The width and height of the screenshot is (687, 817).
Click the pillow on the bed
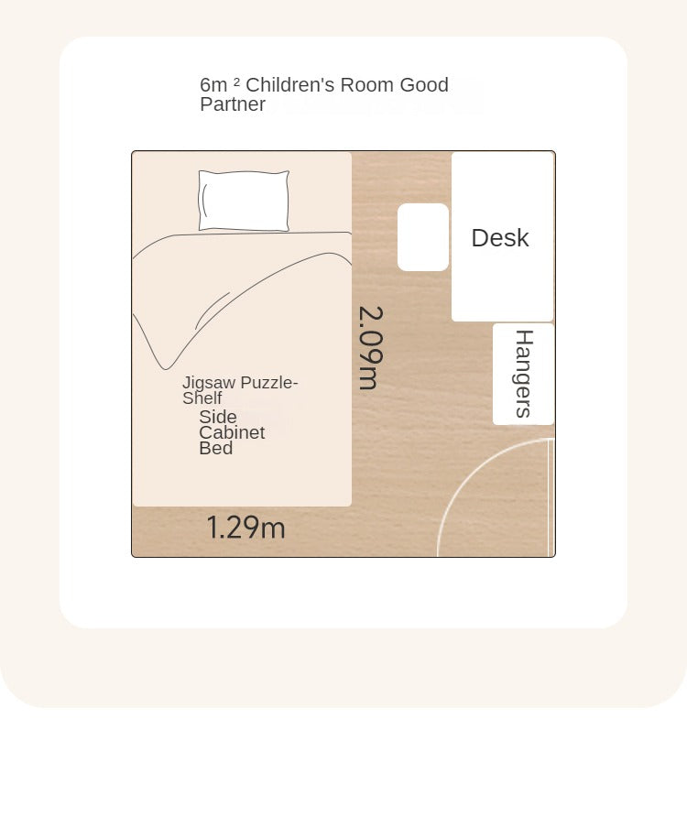(244, 201)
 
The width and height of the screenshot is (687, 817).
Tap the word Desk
(500, 238)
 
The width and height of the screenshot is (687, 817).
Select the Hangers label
(524, 374)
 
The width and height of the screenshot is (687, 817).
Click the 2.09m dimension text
(371, 347)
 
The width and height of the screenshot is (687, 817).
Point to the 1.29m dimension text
(246, 528)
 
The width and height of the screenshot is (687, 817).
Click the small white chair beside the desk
(422, 237)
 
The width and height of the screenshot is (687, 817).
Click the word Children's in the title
(289, 85)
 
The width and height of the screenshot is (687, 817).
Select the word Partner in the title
(233, 104)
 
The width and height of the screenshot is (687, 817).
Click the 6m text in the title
(213, 85)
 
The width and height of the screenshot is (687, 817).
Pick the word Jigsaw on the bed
(209, 384)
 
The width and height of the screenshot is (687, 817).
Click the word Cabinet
(232, 432)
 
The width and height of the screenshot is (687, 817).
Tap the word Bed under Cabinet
(216, 448)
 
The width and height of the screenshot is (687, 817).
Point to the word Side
(218, 417)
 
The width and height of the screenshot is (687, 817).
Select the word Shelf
(202, 398)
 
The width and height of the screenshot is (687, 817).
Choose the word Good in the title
(424, 85)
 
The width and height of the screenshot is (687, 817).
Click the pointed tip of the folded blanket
(166, 369)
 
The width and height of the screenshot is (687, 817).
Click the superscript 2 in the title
(236, 82)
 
